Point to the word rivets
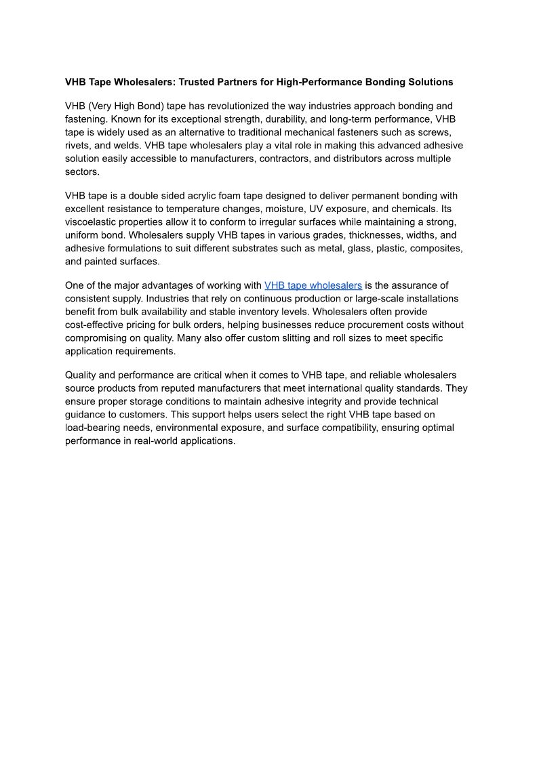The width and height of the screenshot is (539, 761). pyautogui.click(x=78, y=146)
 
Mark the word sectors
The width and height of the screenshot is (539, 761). pyautogui.click(x=81, y=172)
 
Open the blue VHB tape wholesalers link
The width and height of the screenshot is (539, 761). pyautogui.click(x=313, y=285)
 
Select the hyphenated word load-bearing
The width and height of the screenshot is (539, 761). pyautogui.click(x=97, y=428)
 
